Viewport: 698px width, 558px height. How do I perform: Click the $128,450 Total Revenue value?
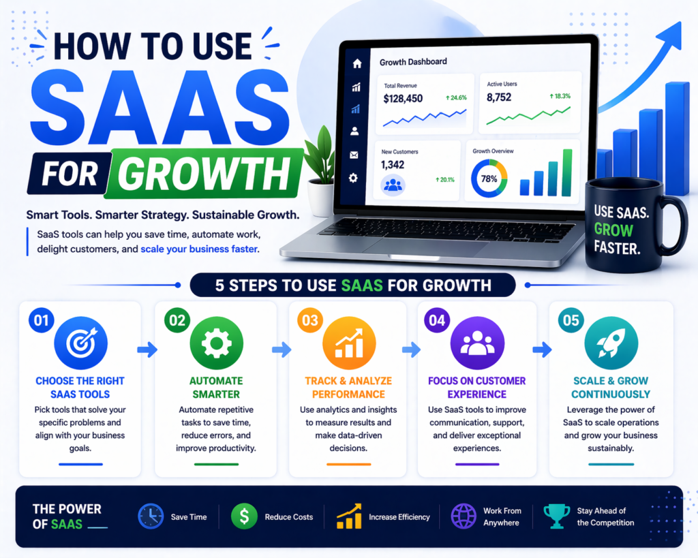click(403, 99)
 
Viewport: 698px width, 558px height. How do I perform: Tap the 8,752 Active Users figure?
click(499, 97)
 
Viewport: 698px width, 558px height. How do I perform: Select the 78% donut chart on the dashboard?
click(489, 179)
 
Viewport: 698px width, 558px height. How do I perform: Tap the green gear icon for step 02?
click(216, 343)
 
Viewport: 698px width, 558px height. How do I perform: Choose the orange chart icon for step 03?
click(348, 343)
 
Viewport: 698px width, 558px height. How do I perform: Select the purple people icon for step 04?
click(477, 343)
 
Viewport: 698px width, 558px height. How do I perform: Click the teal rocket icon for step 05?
click(610, 343)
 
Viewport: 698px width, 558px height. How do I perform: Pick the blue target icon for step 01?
click(80, 343)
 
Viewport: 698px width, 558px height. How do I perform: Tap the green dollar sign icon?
click(244, 516)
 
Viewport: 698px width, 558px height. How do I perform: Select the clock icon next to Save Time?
click(150, 516)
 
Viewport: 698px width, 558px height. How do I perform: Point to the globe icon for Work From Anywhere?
click(464, 516)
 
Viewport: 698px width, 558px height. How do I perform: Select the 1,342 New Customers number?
click(393, 165)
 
